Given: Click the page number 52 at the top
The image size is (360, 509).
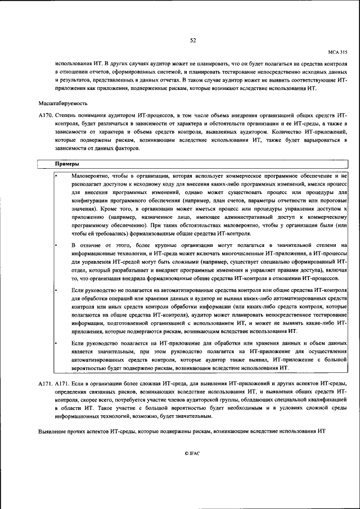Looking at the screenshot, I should [192, 40].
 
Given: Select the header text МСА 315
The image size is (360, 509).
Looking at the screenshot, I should [337, 52].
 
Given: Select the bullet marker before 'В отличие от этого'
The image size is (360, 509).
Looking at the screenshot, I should [57, 245].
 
